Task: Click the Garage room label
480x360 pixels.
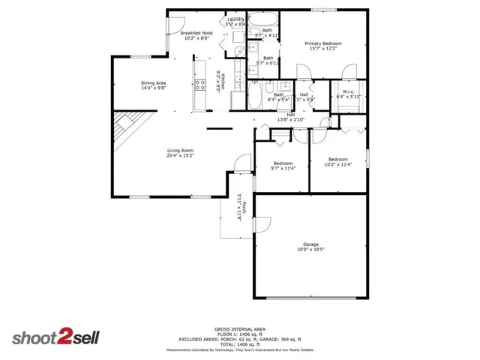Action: point(310,244)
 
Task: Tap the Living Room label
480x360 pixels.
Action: point(181,150)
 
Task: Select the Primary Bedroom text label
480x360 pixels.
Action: point(324,43)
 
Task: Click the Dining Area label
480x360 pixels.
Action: point(153,82)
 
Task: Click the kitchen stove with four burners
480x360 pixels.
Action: point(200,84)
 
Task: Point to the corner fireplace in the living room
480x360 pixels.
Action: point(124,127)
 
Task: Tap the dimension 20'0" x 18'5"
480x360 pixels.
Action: point(310,250)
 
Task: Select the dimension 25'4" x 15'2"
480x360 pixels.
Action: point(181,156)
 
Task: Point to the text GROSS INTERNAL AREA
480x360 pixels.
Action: point(240,328)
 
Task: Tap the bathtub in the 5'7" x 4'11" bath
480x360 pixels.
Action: point(262,19)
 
